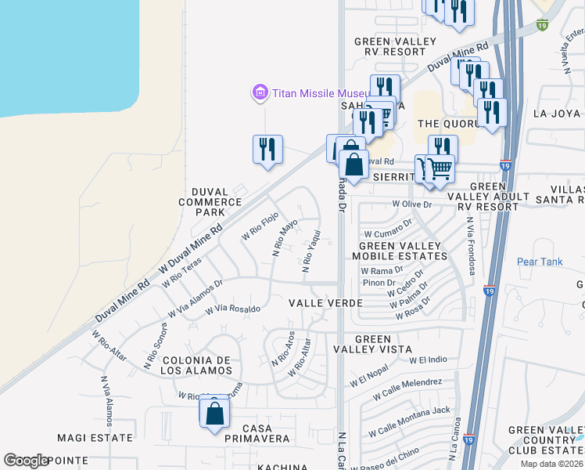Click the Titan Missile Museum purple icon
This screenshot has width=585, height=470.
[x=260, y=93]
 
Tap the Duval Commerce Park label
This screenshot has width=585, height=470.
[x=210, y=202]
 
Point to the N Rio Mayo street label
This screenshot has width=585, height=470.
[x=285, y=237]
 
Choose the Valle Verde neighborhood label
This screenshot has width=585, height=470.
[x=325, y=302]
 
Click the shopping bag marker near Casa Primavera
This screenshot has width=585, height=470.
[x=214, y=412]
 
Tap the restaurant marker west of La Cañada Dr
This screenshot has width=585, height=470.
[x=267, y=149]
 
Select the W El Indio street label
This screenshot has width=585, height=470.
[x=428, y=360]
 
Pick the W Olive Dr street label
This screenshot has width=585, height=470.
[x=412, y=204]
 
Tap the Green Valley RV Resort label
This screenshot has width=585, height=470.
[x=389, y=47]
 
